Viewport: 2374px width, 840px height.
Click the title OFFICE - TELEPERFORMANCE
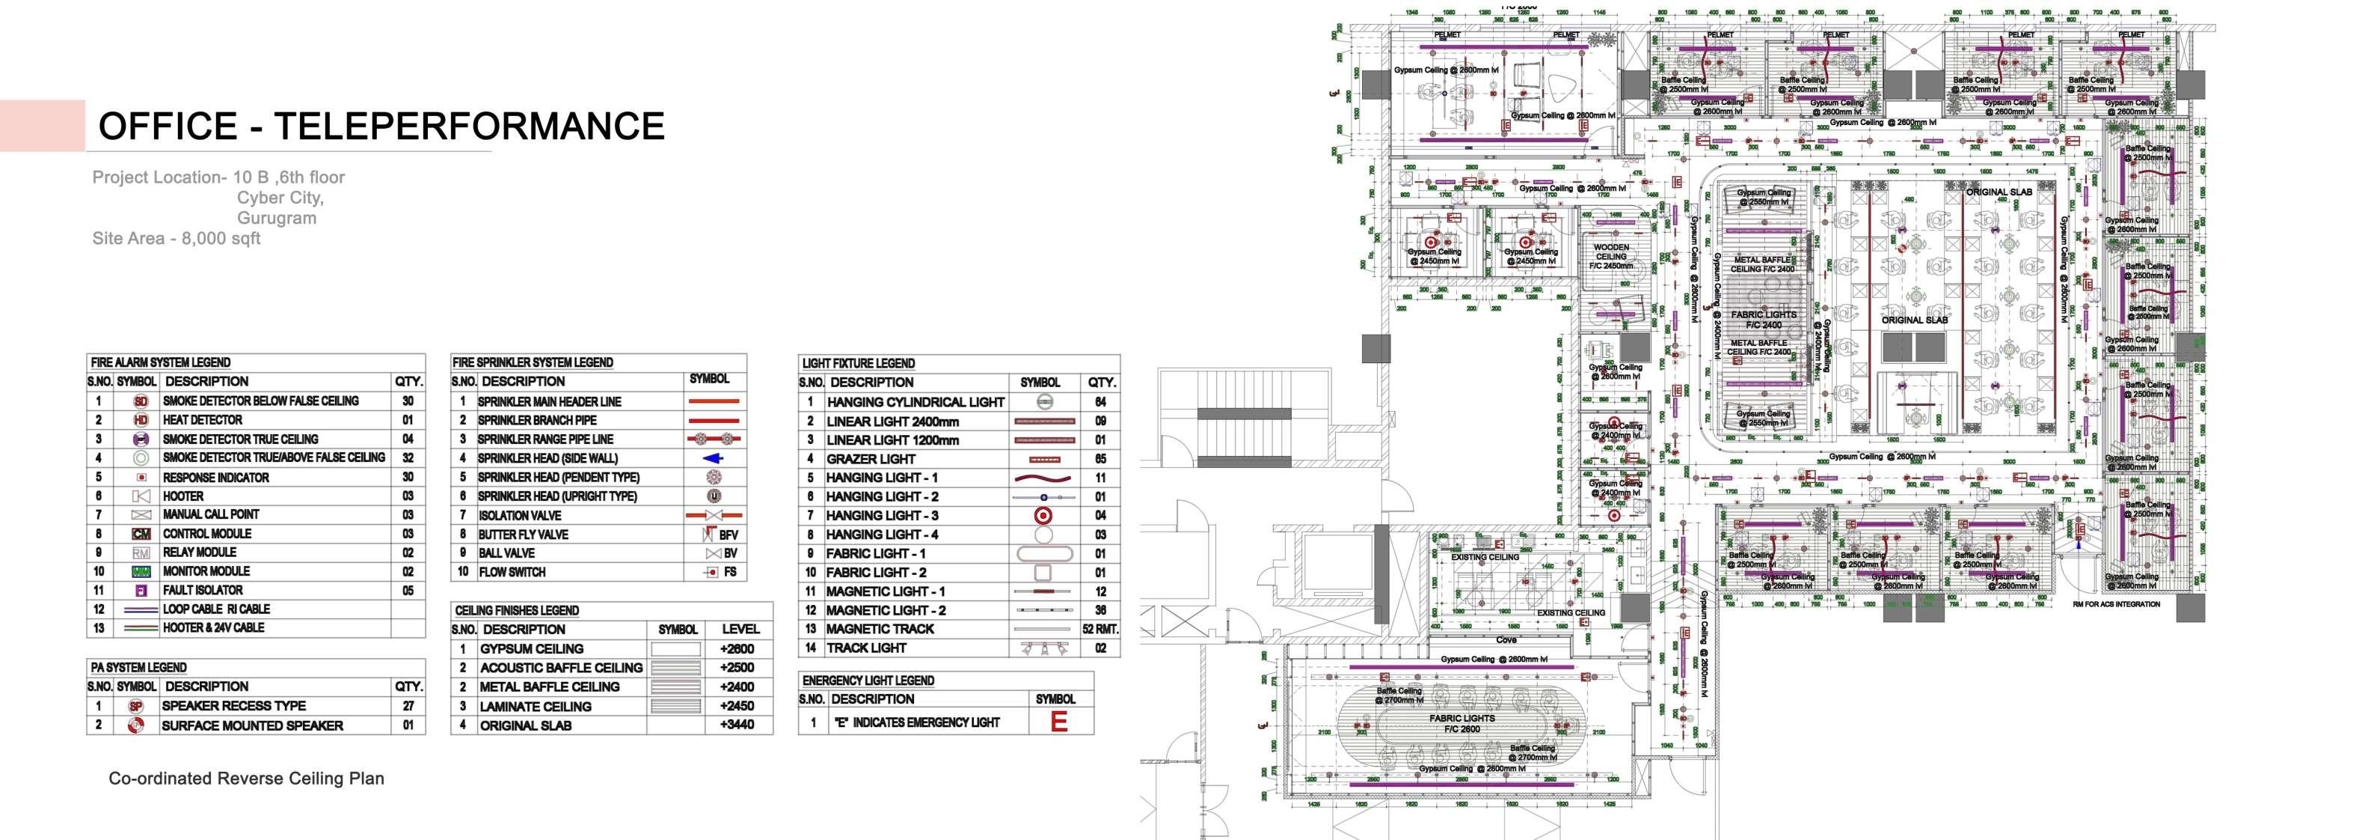381,127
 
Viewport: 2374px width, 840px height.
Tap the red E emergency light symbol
1059,722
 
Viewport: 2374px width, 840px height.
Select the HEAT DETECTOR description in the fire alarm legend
203,419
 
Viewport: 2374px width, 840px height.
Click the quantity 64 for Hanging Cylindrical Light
1100,402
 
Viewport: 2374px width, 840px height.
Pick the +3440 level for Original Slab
737,725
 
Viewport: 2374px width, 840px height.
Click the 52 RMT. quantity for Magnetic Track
1100,629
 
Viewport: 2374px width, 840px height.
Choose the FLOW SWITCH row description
512,572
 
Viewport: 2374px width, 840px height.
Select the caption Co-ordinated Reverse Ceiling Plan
246,778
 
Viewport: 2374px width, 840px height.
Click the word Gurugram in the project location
277,219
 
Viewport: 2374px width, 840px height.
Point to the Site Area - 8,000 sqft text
176,239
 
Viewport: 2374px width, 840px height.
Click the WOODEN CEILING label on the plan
1611,256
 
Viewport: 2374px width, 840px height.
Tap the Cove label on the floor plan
1506,640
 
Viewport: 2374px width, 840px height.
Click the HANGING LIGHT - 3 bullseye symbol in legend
1043,515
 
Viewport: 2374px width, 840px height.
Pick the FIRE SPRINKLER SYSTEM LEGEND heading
532,362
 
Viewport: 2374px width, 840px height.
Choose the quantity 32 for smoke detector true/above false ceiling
408,457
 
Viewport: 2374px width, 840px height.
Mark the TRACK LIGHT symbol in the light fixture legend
1043,648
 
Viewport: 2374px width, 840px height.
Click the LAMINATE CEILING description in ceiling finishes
536,706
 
